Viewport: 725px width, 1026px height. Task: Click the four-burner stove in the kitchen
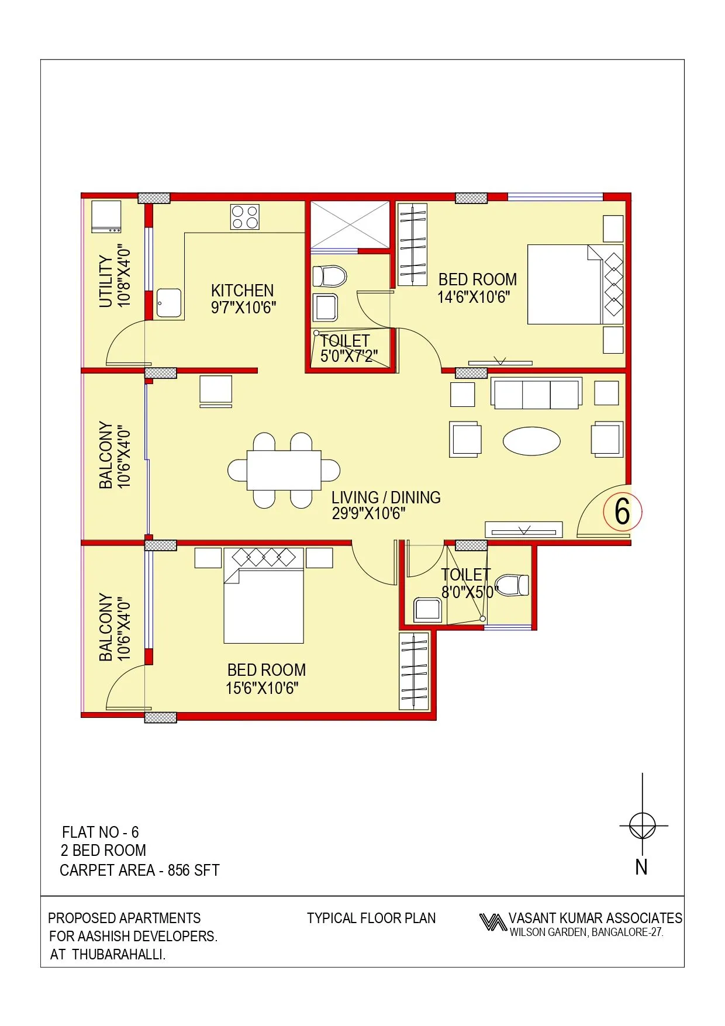point(245,217)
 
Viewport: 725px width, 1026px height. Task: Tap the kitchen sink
point(168,303)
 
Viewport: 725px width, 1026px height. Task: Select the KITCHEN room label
point(242,291)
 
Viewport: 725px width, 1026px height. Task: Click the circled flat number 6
point(622,511)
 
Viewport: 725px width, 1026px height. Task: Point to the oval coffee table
point(531,441)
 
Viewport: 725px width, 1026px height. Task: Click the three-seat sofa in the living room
point(536,393)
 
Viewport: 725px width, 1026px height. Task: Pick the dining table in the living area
point(284,470)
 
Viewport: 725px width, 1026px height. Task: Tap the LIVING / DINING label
point(386,498)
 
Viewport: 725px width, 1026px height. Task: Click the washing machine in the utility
point(106,216)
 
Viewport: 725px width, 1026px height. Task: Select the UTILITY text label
point(105,281)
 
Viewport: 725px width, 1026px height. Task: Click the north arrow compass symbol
point(643,826)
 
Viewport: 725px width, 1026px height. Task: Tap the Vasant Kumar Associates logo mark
point(492,923)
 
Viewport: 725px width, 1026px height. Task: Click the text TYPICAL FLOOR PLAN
point(371,918)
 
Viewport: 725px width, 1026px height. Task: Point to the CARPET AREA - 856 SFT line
point(140,870)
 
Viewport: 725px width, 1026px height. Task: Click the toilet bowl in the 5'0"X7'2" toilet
point(330,276)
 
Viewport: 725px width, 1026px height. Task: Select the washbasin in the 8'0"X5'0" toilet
point(427,610)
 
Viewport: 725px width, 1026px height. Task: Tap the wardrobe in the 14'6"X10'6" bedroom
point(412,244)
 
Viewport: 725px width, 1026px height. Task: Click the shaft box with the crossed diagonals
point(350,224)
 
